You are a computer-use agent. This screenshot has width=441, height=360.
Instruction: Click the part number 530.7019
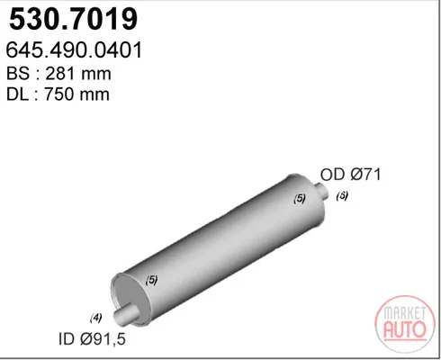click(x=74, y=19)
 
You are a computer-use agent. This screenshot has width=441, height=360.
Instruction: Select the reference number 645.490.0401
click(x=74, y=50)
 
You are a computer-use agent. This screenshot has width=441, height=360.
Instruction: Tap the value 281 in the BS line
click(x=58, y=74)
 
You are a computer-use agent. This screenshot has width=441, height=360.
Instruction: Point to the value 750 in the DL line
click(x=58, y=94)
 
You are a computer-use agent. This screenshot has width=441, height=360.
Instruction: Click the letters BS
click(x=18, y=74)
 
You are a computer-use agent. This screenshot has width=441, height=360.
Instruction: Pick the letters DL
click(x=17, y=94)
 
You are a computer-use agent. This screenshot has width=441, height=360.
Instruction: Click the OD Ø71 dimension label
click(x=350, y=175)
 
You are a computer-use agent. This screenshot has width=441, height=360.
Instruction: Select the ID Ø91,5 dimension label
click(x=92, y=339)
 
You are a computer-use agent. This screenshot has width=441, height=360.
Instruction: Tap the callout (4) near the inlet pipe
click(x=96, y=318)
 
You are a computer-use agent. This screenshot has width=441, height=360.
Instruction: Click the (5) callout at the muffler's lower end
click(x=151, y=280)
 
